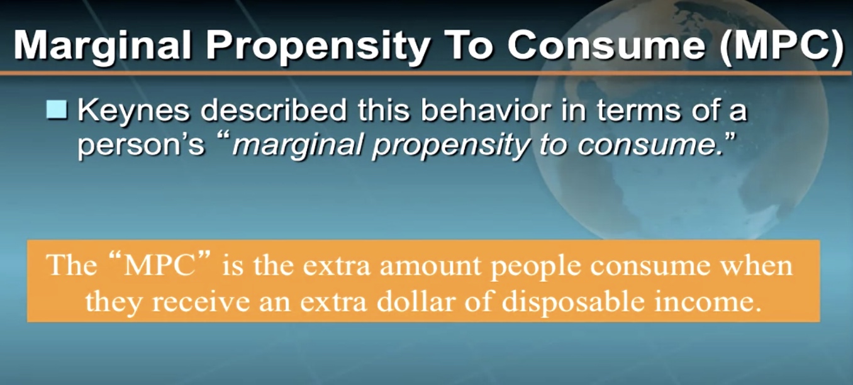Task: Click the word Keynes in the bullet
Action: coord(133,111)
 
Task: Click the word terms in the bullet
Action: coord(638,111)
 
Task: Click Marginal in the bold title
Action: coord(102,46)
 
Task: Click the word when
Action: coord(757,264)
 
